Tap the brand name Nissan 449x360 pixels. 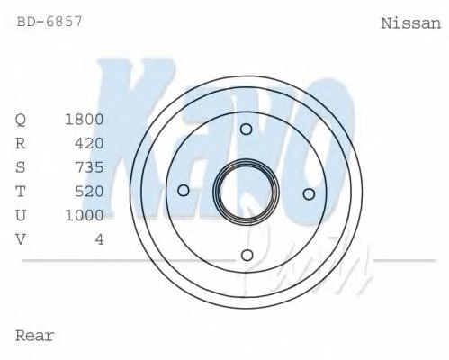tap(411, 24)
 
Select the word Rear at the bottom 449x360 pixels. tap(35, 336)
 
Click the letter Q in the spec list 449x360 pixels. tap(21, 120)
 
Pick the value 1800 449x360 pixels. tap(85, 120)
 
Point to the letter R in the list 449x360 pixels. tap(21, 143)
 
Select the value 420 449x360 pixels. tap(89, 143)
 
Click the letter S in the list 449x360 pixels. tap(21, 167)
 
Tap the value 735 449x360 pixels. tap(89, 167)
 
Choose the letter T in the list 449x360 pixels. tap(21, 191)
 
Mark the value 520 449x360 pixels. tap(89, 191)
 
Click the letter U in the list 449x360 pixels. tap(21, 215)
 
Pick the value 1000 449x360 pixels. tap(85, 215)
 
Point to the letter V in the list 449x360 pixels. tap(21, 238)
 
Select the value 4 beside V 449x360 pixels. tap(99, 238)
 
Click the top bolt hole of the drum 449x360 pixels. tap(246, 130)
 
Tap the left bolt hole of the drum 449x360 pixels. tap(184, 190)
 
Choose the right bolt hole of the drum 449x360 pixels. tap(308, 193)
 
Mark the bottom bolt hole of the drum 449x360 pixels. tap(247, 255)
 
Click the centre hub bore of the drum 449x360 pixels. tap(246, 192)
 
